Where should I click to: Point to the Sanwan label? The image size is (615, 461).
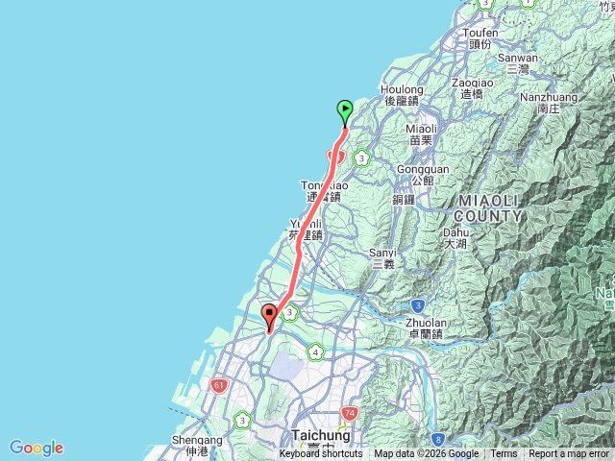click(519, 62)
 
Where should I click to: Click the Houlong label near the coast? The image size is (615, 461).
click(401, 94)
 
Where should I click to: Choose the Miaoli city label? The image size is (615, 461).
click(421, 133)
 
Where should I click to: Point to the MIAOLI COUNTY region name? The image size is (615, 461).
click(490, 208)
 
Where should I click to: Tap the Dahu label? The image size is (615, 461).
click(455, 237)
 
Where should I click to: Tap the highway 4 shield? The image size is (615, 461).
click(315, 352)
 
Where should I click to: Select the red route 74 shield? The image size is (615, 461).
click(348, 412)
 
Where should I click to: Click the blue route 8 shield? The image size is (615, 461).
click(438, 440)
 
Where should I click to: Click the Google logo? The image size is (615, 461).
click(37, 448)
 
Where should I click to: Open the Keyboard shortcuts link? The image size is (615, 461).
click(321, 454)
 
